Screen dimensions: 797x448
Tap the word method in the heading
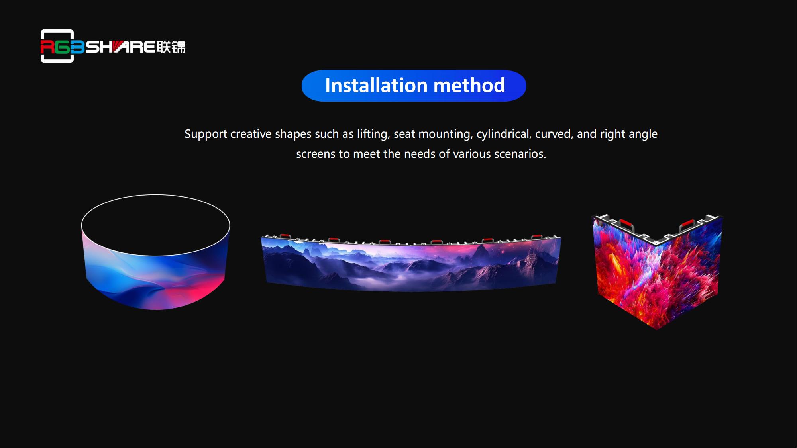tap(469, 85)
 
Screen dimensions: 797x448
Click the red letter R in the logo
tap(47, 47)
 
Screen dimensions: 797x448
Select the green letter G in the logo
tap(62, 47)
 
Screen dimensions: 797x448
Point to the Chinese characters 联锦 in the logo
tap(171, 47)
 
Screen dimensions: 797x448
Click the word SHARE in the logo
tap(120, 47)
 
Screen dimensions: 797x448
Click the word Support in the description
tap(206, 134)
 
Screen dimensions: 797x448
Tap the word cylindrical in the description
tap(504, 134)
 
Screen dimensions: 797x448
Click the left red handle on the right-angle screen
tap(626, 224)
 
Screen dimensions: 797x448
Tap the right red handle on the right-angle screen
tap(688, 225)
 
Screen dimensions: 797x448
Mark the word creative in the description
tap(251, 134)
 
